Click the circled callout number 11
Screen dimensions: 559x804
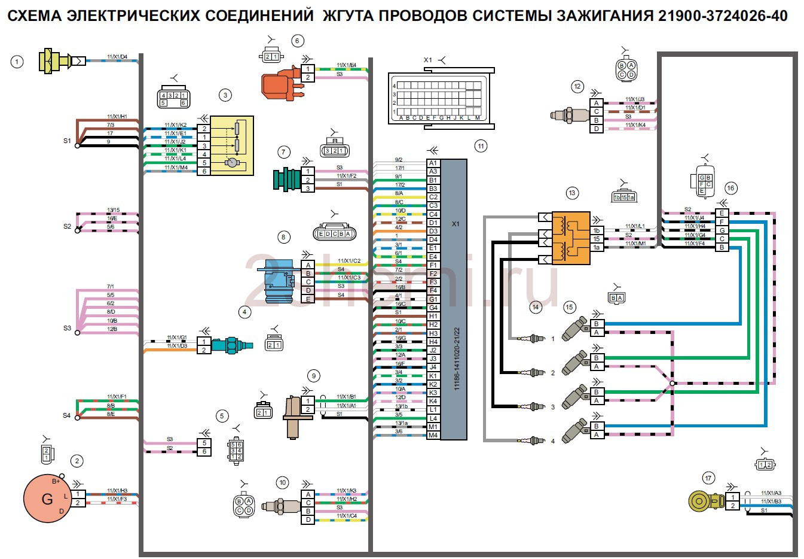pyautogui.click(x=481, y=146)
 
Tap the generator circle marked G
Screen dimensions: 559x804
pyautogui.click(x=47, y=499)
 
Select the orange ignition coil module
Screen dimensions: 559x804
pyautogui.click(x=570, y=238)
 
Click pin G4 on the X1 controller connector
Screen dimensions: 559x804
pyautogui.click(x=433, y=308)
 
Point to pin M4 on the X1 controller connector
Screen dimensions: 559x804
pyautogui.click(x=433, y=435)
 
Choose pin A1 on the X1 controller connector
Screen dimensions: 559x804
pyautogui.click(x=433, y=163)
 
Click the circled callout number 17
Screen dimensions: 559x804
pyautogui.click(x=708, y=478)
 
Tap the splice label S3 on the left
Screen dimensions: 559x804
pyautogui.click(x=67, y=329)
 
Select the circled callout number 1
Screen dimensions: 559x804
pyautogui.click(x=17, y=61)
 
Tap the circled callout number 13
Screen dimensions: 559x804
pyautogui.click(x=572, y=193)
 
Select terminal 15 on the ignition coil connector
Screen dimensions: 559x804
pyautogui.click(x=597, y=239)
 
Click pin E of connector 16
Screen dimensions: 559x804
pyautogui.click(x=722, y=213)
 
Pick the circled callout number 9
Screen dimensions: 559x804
pyautogui.click(x=313, y=376)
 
